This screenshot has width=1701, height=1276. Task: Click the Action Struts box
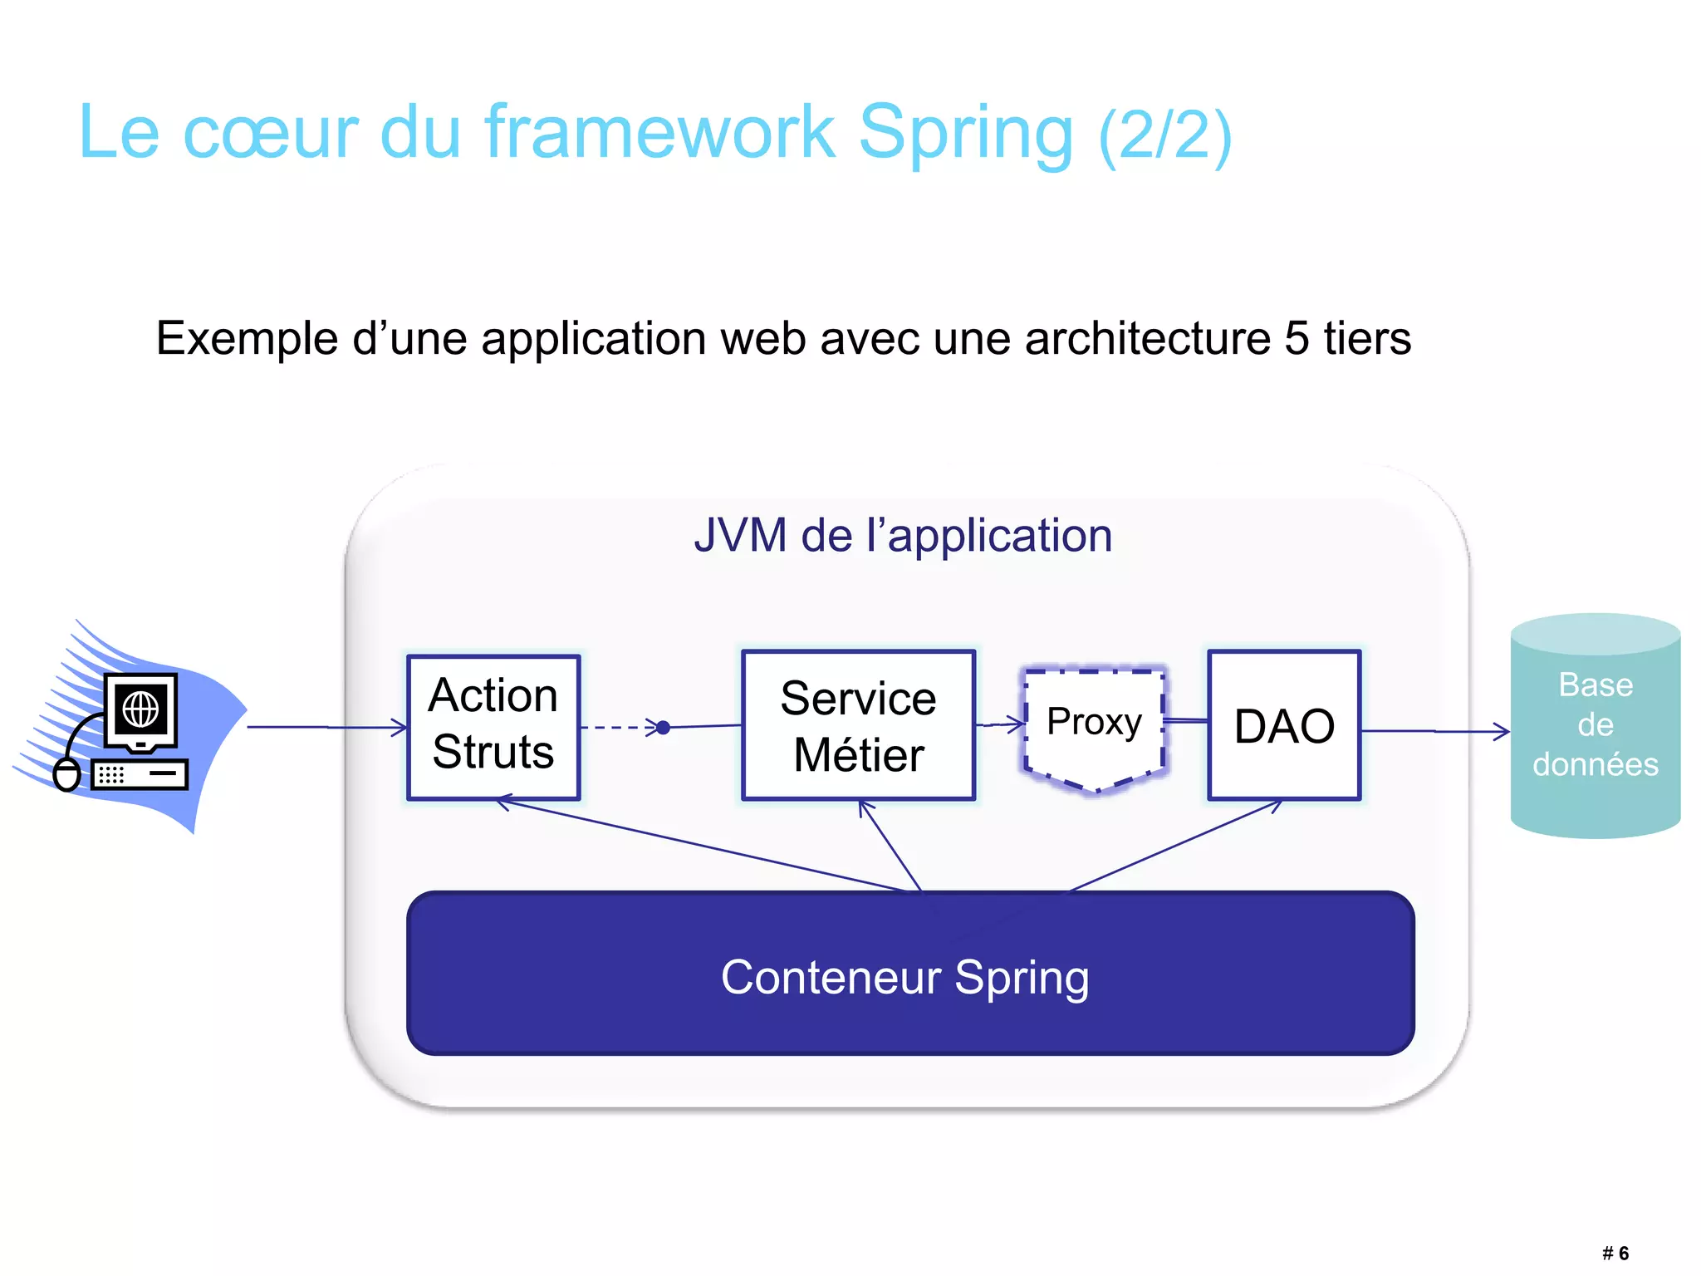493,727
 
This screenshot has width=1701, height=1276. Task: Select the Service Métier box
858,725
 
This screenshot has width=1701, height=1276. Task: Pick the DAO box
1284,725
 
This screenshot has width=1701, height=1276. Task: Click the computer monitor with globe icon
141,711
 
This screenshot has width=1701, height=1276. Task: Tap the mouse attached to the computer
66,774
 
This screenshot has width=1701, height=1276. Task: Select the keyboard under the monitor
140,774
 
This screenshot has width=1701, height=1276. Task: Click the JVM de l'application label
903,535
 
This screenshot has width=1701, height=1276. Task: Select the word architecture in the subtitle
1147,338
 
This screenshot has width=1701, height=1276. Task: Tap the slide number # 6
1615,1254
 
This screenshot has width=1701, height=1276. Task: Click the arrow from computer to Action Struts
327,728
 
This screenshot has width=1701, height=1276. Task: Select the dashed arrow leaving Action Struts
618,728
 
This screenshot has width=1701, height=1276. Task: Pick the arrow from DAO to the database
1435,731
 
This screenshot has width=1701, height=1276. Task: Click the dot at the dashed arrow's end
663,728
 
